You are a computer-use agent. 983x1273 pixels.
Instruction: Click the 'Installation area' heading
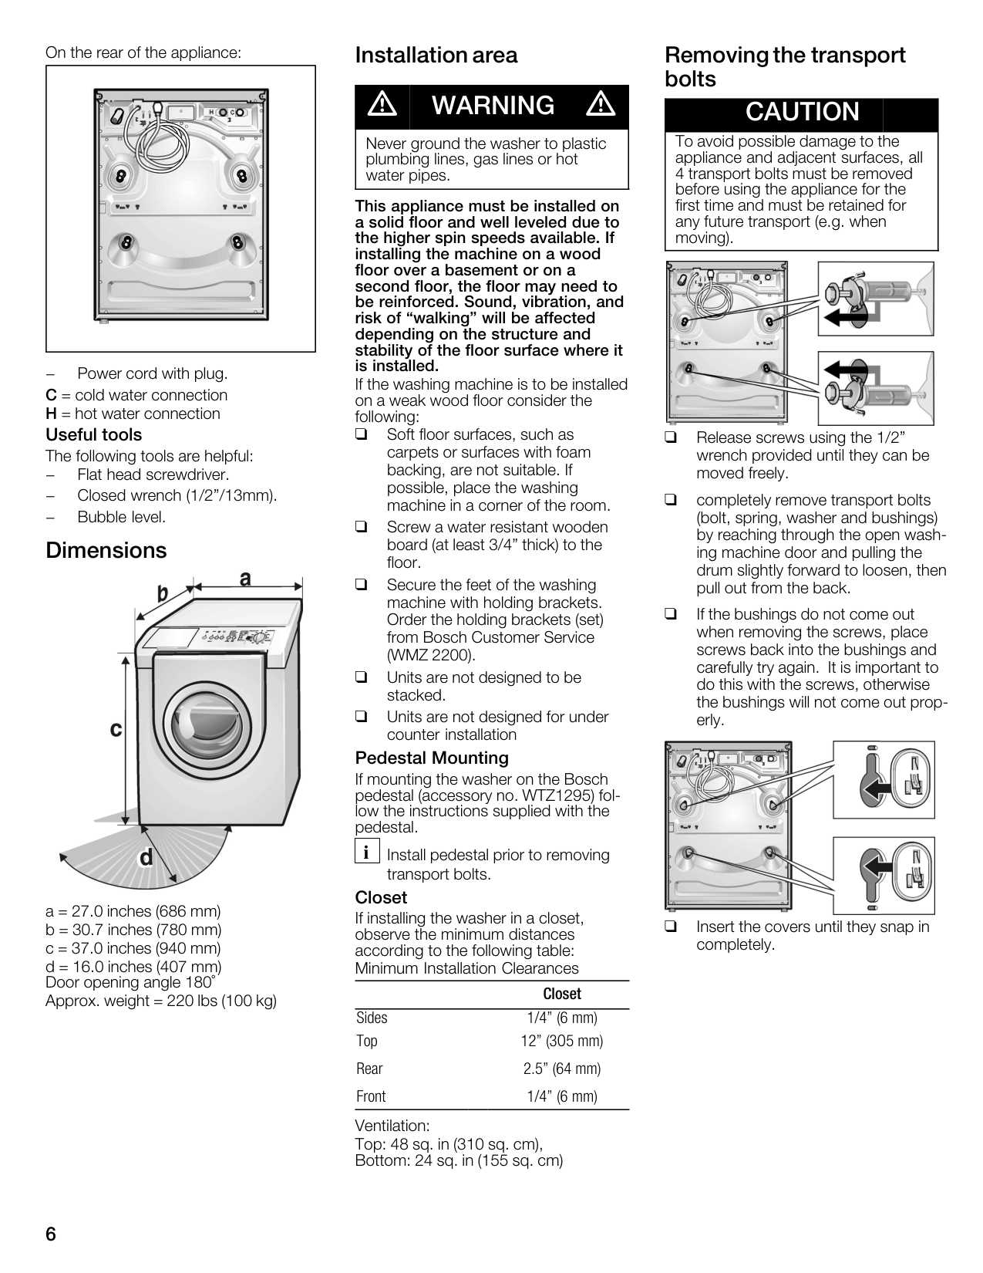(436, 56)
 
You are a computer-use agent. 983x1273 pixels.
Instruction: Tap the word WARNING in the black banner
(493, 106)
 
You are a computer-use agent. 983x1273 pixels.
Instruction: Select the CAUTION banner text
(802, 111)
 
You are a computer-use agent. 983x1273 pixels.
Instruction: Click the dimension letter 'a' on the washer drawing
(245, 578)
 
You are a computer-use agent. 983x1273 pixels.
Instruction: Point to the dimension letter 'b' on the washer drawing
(162, 593)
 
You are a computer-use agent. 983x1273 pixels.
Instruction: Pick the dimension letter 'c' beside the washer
(116, 729)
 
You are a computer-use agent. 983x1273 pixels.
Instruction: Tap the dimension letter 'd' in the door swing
(146, 858)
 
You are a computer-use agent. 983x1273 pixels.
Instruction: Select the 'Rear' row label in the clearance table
(369, 1069)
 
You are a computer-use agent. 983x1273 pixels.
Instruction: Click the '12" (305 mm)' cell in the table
(562, 1041)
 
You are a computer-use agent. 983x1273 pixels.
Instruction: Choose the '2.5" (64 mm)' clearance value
(562, 1069)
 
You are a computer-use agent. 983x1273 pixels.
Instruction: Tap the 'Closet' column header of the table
(562, 994)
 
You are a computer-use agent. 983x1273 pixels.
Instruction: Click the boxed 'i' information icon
(367, 851)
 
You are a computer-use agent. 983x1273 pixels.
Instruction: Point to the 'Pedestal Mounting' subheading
(432, 758)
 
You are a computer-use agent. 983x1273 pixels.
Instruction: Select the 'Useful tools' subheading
(94, 434)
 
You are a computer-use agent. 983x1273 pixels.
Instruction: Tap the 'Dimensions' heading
(106, 551)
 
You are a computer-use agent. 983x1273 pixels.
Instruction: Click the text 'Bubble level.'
(121, 517)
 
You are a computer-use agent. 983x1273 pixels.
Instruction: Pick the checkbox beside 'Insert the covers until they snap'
(671, 927)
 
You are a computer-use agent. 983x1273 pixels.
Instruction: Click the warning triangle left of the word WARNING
(382, 105)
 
